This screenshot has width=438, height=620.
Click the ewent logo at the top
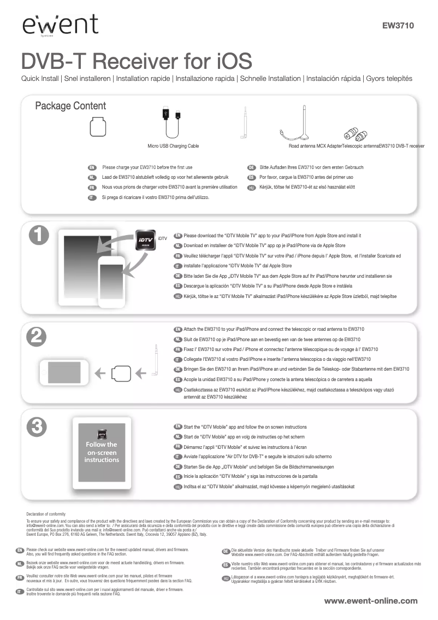(x=60, y=25)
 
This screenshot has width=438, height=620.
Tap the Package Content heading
(x=70, y=106)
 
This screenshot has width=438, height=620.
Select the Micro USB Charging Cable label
(x=173, y=146)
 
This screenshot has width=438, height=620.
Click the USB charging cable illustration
(x=172, y=124)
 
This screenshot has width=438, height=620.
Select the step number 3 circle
(x=36, y=425)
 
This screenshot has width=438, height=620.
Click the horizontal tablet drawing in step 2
(x=62, y=373)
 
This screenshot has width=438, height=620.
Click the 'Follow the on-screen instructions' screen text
(x=102, y=452)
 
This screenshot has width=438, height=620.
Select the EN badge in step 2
(x=177, y=330)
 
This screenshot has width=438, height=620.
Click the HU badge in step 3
(x=177, y=487)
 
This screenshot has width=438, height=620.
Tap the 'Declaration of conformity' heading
(x=46, y=514)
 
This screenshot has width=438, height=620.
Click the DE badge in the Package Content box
(x=252, y=167)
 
